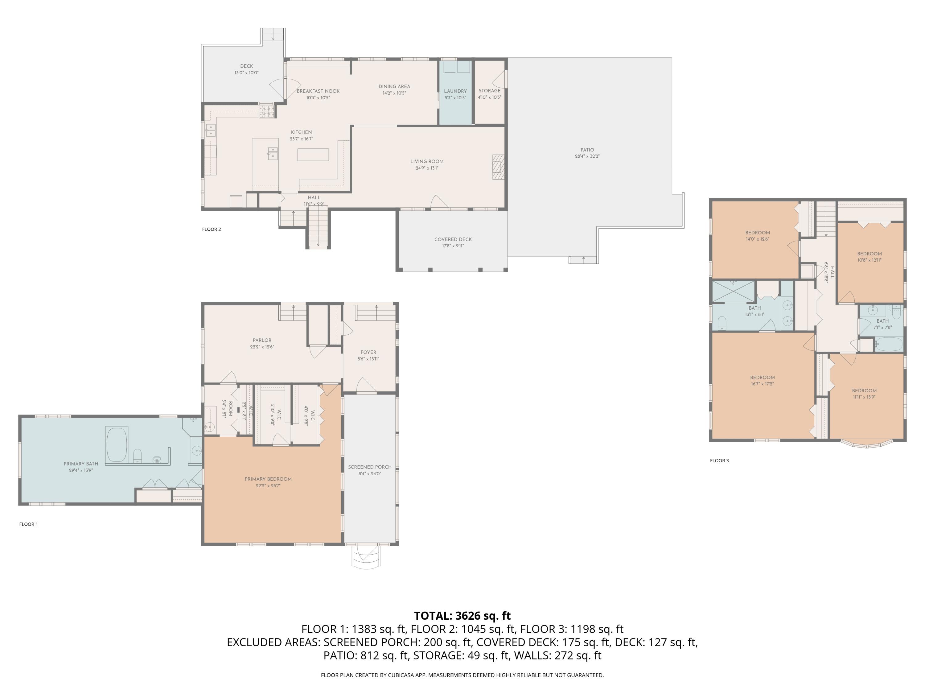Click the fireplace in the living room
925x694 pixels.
[498, 167]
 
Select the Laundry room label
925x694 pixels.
[455, 91]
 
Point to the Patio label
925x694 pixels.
[587, 150]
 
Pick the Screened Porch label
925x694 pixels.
[370, 467]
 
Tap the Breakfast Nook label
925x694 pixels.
[318, 91]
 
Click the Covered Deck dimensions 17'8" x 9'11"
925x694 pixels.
[453, 246]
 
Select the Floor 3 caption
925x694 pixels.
[719, 461]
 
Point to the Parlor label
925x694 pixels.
[262, 340]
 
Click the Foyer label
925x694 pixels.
[368, 352]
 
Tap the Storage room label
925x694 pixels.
[490, 90]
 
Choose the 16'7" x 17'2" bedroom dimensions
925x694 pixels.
[762, 384]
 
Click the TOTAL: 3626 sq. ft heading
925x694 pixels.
[462, 616]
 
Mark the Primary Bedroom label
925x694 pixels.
[268, 479]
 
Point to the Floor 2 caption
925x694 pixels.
[211, 229]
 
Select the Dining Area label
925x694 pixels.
[394, 87]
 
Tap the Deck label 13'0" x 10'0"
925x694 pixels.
[247, 69]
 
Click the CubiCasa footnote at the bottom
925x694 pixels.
[462, 675]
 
